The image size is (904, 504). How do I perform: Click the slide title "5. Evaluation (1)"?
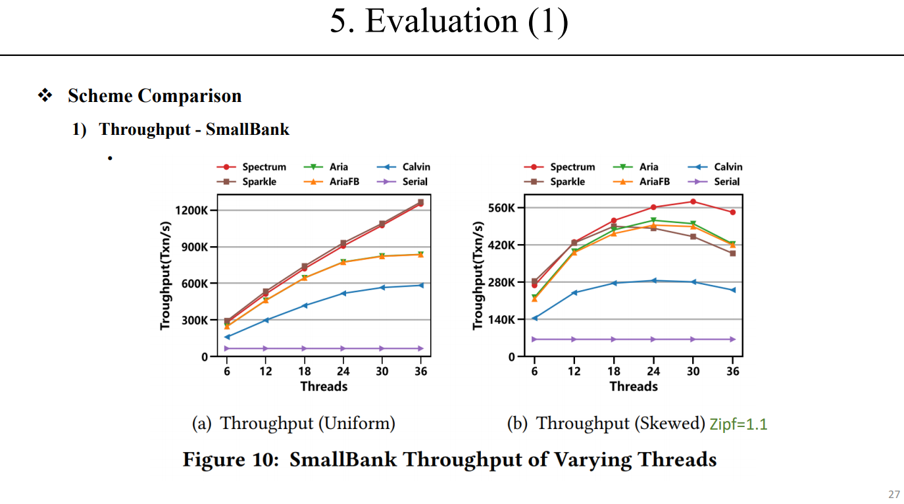click(x=449, y=22)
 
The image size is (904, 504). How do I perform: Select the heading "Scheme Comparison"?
click(x=154, y=96)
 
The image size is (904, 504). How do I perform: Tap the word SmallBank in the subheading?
click(x=247, y=129)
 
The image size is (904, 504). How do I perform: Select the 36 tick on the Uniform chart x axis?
click(x=421, y=371)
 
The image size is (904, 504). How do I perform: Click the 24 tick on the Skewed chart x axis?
click(x=653, y=371)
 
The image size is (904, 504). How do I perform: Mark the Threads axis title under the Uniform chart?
click(x=324, y=386)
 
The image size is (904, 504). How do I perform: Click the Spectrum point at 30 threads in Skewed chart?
click(x=693, y=201)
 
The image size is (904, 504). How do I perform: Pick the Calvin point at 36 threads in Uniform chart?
click(x=421, y=285)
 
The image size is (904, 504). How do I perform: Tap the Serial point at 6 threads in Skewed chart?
click(x=534, y=340)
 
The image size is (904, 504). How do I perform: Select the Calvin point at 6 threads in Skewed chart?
click(x=534, y=318)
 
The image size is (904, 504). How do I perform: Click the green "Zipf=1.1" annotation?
click(x=738, y=424)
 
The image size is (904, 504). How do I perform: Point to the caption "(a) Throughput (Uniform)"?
click(x=293, y=423)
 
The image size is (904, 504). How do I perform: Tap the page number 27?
click(x=893, y=494)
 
